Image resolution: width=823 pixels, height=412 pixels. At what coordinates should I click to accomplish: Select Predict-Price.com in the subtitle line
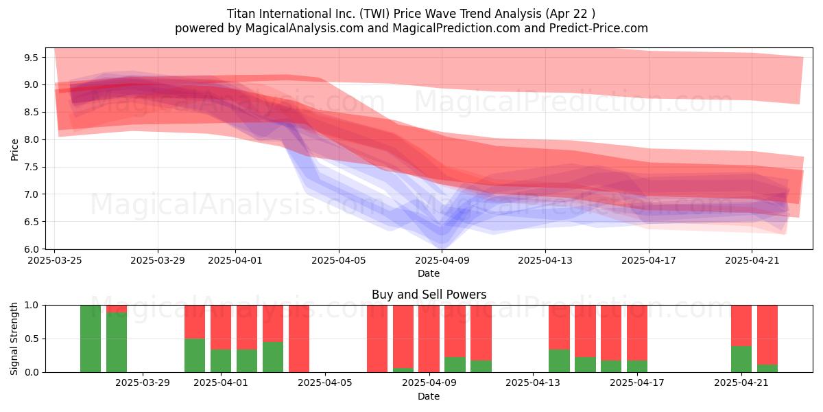click(x=599, y=28)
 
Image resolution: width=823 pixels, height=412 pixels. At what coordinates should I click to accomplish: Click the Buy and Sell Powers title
click(x=429, y=295)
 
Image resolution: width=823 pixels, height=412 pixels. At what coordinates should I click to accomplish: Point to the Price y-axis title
click(x=14, y=150)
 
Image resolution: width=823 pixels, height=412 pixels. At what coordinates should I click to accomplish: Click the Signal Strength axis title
click(x=14, y=339)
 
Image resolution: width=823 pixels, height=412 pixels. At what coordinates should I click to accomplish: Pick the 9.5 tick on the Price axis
click(x=32, y=58)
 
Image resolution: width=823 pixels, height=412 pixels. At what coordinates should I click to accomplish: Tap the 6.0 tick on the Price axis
click(x=32, y=249)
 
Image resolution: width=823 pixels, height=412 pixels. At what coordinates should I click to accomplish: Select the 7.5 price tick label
click(x=32, y=168)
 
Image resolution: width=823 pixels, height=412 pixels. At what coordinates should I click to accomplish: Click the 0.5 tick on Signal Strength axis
click(x=32, y=339)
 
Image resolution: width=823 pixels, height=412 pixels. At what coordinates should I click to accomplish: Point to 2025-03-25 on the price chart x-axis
click(x=55, y=260)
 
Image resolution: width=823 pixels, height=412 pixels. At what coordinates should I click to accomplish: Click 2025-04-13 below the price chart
click(x=545, y=260)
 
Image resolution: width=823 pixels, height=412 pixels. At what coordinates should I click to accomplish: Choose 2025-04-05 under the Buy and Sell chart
click(x=325, y=383)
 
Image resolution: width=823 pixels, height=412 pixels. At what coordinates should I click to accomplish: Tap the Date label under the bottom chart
click(x=429, y=396)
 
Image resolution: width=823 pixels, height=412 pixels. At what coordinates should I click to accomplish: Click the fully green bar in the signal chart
click(x=91, y=339)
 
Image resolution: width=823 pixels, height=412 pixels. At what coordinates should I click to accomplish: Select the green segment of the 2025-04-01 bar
click(x=221, y=361)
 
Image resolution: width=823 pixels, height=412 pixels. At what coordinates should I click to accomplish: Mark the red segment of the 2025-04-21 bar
click(x=741, y=325)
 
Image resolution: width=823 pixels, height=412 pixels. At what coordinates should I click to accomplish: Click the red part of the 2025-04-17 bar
click(x=637, y=333)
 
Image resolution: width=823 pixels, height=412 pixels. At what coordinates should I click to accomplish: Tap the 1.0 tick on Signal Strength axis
click(x=32, y=306)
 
